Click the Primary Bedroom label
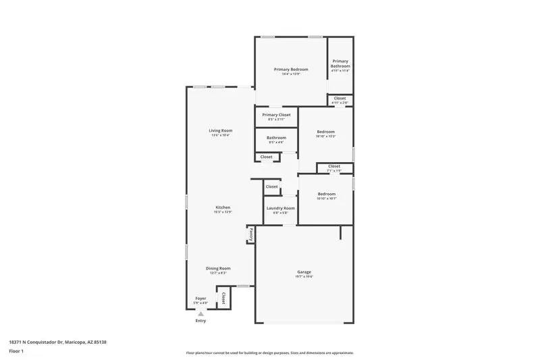(291, 70)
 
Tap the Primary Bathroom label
(340, 63)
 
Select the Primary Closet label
(276, 115)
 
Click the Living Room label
(220, 130)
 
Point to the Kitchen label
(223, 207)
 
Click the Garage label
(304, 272)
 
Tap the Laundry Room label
(279, 208)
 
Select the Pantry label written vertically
(250, 234)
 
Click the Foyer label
(200, 298)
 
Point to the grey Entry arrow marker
(200, 313)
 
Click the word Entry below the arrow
(200, 321)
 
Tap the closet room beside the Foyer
(223, 297)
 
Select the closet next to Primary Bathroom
(340, 99)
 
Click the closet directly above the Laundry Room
(271, 186)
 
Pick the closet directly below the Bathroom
(267, 157)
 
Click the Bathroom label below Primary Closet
(276, 138)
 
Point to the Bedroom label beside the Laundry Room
(326, 195)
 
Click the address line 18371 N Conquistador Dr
(57, 342)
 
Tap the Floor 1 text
(16, 351)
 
